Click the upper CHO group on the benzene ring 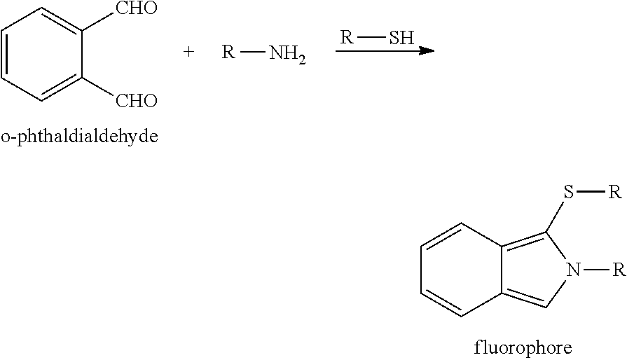pos(137,8)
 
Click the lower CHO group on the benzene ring pos(137,101)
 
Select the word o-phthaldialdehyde pos(80,137)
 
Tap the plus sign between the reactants pos(188,52)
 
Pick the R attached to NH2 pos(228,52)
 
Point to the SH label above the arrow pos(401,38)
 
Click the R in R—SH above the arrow pos(347,37)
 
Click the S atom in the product pos(568,192)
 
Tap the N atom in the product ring pos(574,270)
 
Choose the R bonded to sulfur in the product pos(615,192)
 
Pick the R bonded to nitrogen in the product pos(619,270)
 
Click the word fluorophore pos(523,348)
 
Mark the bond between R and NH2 pos(253,52)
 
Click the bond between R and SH pos(371,38)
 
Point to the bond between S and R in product pos(591,192)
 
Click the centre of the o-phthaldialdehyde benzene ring pos(42,54)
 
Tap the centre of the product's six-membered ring pos(461,270)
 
